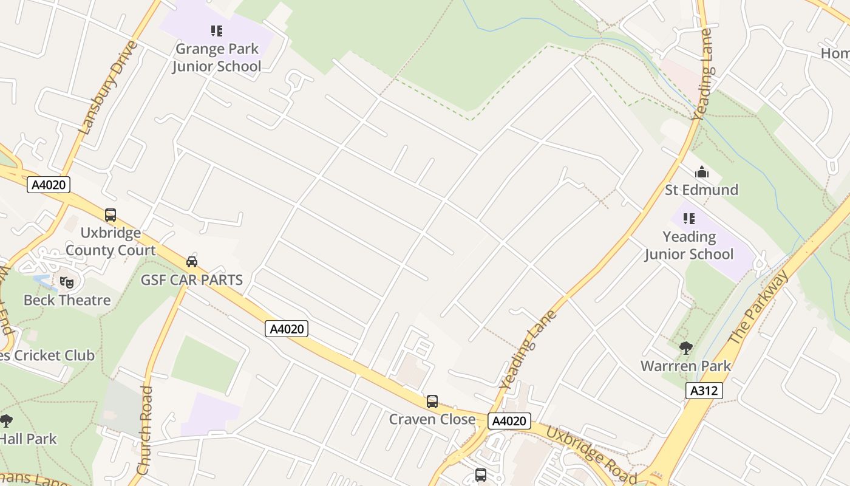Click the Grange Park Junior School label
tap(216, 58)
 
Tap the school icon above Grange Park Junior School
tap(216, 30)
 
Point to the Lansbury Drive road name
tap(109, 88)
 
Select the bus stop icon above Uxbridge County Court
tap(110, 215)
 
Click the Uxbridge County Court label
tap(110, 242)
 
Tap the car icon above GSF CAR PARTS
tap(192, 262)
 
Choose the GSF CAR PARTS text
tap(192, 280)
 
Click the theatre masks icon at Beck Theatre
tap(66, 282)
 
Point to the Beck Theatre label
tap(67, 300)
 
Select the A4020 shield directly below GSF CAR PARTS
tap(287, 329)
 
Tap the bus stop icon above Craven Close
tap(432, 402)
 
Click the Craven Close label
tap(432, 419)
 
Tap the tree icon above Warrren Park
tap(686, 348)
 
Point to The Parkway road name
tap(760, 307)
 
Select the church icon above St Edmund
tap(702, 173)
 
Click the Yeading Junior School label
tap(689, 245)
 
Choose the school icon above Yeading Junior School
tap(688, 218)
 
